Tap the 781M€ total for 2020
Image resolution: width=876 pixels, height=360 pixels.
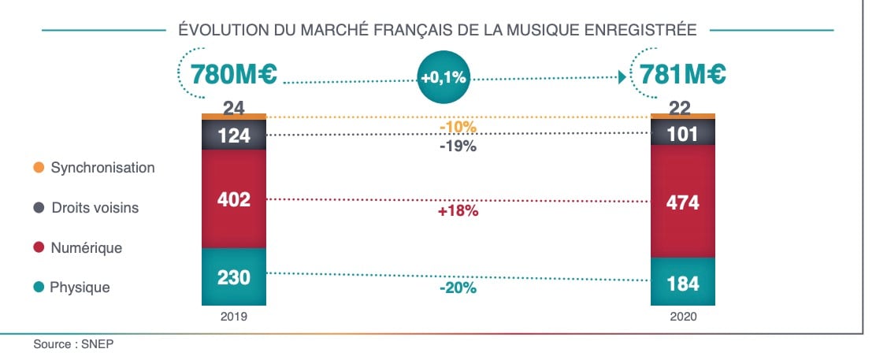683,76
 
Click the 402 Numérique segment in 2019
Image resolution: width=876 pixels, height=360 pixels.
234,199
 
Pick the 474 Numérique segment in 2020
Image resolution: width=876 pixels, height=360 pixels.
682,202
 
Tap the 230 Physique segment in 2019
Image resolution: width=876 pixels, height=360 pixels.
234,276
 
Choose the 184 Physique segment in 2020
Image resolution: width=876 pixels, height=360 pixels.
682,283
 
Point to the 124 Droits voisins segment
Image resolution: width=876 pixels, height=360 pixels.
234,135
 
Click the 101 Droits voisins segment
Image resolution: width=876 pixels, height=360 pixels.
682,134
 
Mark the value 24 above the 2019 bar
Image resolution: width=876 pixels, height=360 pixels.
234,108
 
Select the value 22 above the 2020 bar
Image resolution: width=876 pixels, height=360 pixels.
682,108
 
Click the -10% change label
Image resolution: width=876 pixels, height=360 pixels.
458,127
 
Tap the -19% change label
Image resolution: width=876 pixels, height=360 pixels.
458,147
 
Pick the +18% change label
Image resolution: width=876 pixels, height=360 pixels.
458,211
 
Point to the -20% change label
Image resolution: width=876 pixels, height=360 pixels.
458,288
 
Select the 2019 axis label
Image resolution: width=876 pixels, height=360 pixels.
234,317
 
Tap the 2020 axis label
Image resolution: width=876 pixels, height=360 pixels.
682,317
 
